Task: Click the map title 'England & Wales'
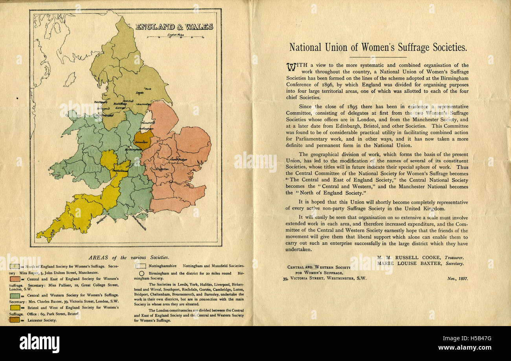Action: [x=174, y=27]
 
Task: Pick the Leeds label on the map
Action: [x=139, y=93]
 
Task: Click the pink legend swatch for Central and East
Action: [x=15, y=279]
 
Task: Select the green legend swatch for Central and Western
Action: [x=15, y=295]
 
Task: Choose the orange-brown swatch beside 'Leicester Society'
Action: [x=15, y=320]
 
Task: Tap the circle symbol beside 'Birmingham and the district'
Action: [x=142, y=273]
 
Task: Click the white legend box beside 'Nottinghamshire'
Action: [x=141, y=266]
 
